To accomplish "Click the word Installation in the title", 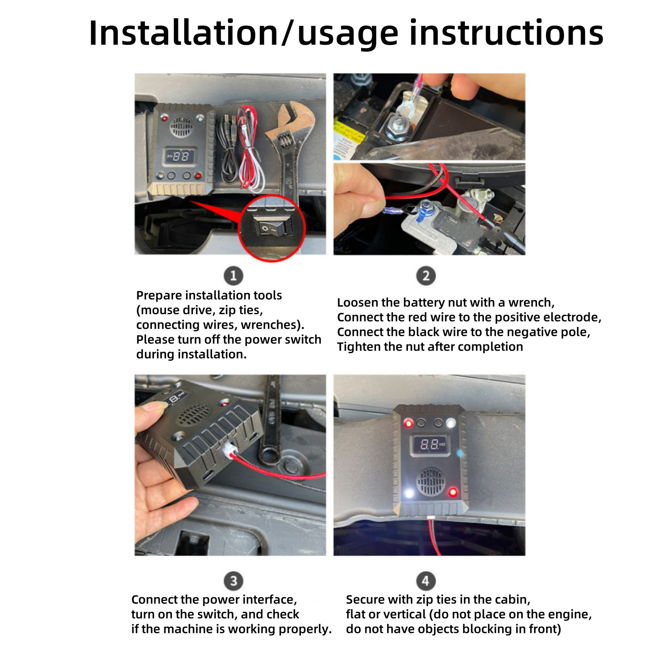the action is pos(184,33).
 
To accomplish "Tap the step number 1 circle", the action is pos(233,276).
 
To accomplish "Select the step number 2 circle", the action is pos(426,276).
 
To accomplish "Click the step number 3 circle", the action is pos(233,581).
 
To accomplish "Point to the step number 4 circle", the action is pos(426,581).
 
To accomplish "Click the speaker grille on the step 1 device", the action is pos(181,127).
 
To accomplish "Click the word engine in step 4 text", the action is pos(569,615).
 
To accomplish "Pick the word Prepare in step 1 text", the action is pos(159,296).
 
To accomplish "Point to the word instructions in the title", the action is pos(506,33).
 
